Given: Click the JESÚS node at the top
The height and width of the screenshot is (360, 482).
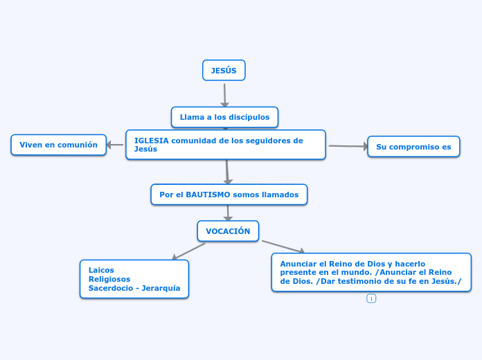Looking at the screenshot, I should pyautogui.click(x=224, y=71).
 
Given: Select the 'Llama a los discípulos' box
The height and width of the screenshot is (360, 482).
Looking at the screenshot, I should pyautogui.click(x=224, y=117).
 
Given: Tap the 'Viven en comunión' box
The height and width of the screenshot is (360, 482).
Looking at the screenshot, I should pyautogui.click(x=58, y=145).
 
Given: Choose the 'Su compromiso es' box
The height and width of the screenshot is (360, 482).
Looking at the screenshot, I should pyautogui.click(x=413, y=147).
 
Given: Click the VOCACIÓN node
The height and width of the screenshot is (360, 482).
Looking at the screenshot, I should pyautogui.click(x=228, y=231).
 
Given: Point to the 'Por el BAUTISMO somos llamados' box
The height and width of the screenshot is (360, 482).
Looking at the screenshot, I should pyautogui.click(x=229, y=195).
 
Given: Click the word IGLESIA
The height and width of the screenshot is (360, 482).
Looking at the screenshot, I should pyautogui.click(x=151, y=141).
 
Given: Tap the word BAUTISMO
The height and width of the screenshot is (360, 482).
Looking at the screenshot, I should pyautogui.click(x=208, y=195).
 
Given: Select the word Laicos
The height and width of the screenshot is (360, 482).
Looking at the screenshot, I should pyautogui.click(x=101, y=270).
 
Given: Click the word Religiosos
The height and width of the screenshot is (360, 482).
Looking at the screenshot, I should pyautogui.click(x=109, y=279).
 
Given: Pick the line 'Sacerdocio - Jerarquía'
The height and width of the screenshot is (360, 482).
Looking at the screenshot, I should pyautogui.click(x=134, y=288).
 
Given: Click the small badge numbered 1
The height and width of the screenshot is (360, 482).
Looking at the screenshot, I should pyautogui.click(x=371, y=298).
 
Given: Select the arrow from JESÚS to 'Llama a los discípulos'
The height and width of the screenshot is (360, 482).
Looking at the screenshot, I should pyautogui.click(x=224, y=95).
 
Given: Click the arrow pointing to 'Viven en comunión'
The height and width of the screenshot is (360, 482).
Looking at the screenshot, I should pyautogui.click(x=116, y=145).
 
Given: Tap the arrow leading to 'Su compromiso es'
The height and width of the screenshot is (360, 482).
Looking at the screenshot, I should pyautogui.click(x=347, y=146).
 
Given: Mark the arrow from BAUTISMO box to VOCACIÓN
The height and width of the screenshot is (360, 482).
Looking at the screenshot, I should pyautogui.click(x=228, y=213).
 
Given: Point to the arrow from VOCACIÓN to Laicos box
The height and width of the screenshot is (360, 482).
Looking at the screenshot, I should pyautogui.click(x=189, y=251).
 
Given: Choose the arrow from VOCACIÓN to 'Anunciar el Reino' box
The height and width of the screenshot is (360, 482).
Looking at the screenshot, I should pyautogui.click(x=283, y=247).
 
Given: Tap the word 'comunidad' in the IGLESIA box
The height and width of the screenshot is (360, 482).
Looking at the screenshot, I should pyautogui.click(x=193, y=141).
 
